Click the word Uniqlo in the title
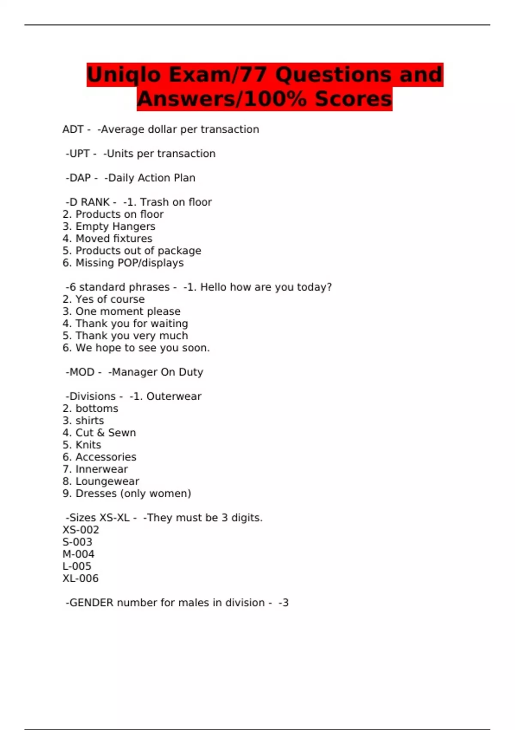coord(124,75)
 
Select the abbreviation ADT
coord(73,129)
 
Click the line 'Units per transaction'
coord(161,154)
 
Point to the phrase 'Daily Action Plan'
coord(151,178)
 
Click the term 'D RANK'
coord(89,202)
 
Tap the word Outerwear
coord(174,396)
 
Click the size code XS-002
coord(81,530)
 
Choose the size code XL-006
coord(81,578)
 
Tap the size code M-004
coord(79,554)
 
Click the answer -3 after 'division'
coord(284,603)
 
